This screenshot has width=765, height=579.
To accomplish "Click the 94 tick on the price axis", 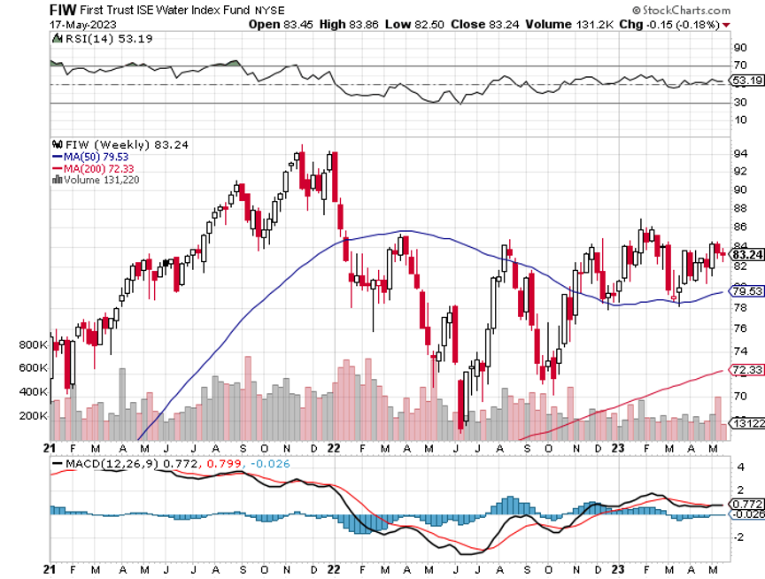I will pos(737,153).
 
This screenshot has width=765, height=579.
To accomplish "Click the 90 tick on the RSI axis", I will pos(737,47).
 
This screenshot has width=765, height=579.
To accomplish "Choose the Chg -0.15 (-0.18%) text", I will pos(673,24).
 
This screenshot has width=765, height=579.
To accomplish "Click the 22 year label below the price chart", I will pos(332,448).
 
